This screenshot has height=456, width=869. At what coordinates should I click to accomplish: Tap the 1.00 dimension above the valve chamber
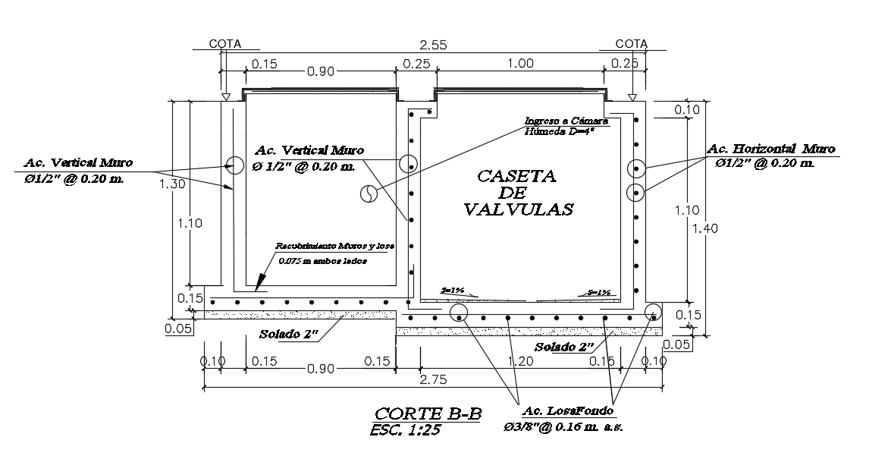click(519, 64)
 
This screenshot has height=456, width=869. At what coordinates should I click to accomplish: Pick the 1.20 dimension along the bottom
click(521, 362)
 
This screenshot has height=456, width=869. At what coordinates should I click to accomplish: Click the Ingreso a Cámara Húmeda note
click(565, 125)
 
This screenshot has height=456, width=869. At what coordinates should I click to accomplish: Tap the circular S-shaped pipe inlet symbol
click(368, 193)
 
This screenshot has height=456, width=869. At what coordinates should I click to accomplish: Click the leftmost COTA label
click(225, 44)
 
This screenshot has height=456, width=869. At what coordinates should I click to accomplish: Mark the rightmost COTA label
click(631, 44)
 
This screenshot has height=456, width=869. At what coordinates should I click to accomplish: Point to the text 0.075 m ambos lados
click(322, 261)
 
